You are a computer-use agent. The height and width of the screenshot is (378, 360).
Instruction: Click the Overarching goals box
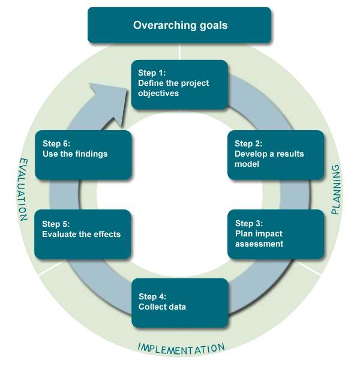180,25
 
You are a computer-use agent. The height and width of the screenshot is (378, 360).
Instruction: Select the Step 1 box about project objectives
179,85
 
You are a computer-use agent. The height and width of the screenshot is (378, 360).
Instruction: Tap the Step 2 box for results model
276,155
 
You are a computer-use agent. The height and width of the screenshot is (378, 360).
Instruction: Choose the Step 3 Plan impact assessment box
276,234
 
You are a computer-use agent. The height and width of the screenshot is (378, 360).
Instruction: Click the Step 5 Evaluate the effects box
82,234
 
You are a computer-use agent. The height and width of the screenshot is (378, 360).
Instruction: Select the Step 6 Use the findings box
83,155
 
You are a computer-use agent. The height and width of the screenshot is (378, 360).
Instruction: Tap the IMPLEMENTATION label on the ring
181,348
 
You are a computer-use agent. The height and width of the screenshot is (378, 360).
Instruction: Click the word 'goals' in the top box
214,25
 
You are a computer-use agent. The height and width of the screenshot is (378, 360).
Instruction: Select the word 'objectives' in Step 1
158,94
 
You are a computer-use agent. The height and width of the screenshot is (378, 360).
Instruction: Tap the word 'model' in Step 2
247,164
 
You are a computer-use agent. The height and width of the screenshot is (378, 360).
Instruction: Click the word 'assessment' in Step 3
259,244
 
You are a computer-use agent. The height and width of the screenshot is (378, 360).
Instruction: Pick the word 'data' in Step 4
177,307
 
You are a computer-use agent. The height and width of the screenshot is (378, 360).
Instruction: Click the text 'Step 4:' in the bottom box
152,296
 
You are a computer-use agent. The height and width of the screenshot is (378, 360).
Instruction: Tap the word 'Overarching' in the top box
163,25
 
